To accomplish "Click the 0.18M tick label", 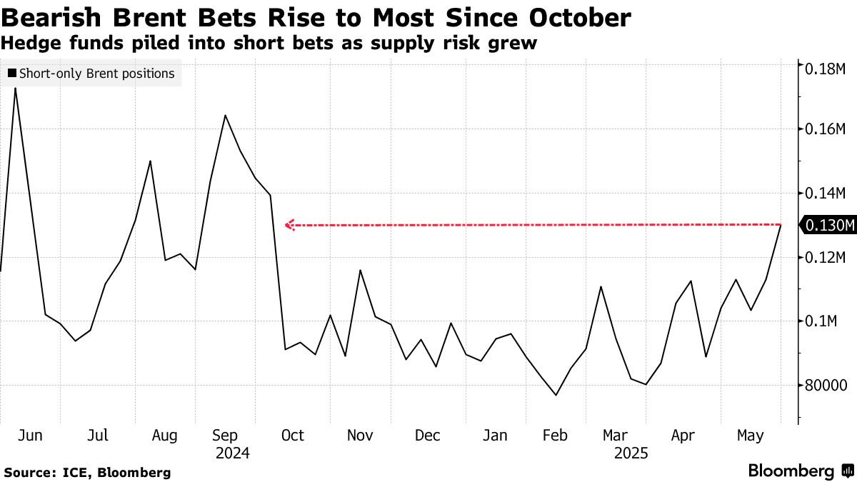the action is tap(825, 69).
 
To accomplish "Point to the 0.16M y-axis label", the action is tap(825, 129).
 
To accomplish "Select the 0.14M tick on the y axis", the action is tap(825, 194).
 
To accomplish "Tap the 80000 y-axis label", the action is tap(826, 386).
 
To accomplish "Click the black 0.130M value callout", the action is tap(828, 226).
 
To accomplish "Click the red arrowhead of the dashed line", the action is tap(290, 226).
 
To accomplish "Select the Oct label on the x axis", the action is tap(293, 436).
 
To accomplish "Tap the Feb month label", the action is tap(555, 436).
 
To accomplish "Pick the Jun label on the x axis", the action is tap(30, 436).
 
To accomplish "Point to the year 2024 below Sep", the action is tap(233, 453).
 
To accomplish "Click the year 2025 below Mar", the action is tap(631, 453).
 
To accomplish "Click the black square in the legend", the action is tap(12, 73).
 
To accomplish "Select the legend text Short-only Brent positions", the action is tap(97, 74).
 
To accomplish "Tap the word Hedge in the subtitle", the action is tap(31, 44).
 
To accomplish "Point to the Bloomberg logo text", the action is tap(791, 471).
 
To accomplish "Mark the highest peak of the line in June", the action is tap(15, 89).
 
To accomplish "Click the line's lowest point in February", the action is tap(556, 395).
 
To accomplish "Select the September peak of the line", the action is tap(225, 115).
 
